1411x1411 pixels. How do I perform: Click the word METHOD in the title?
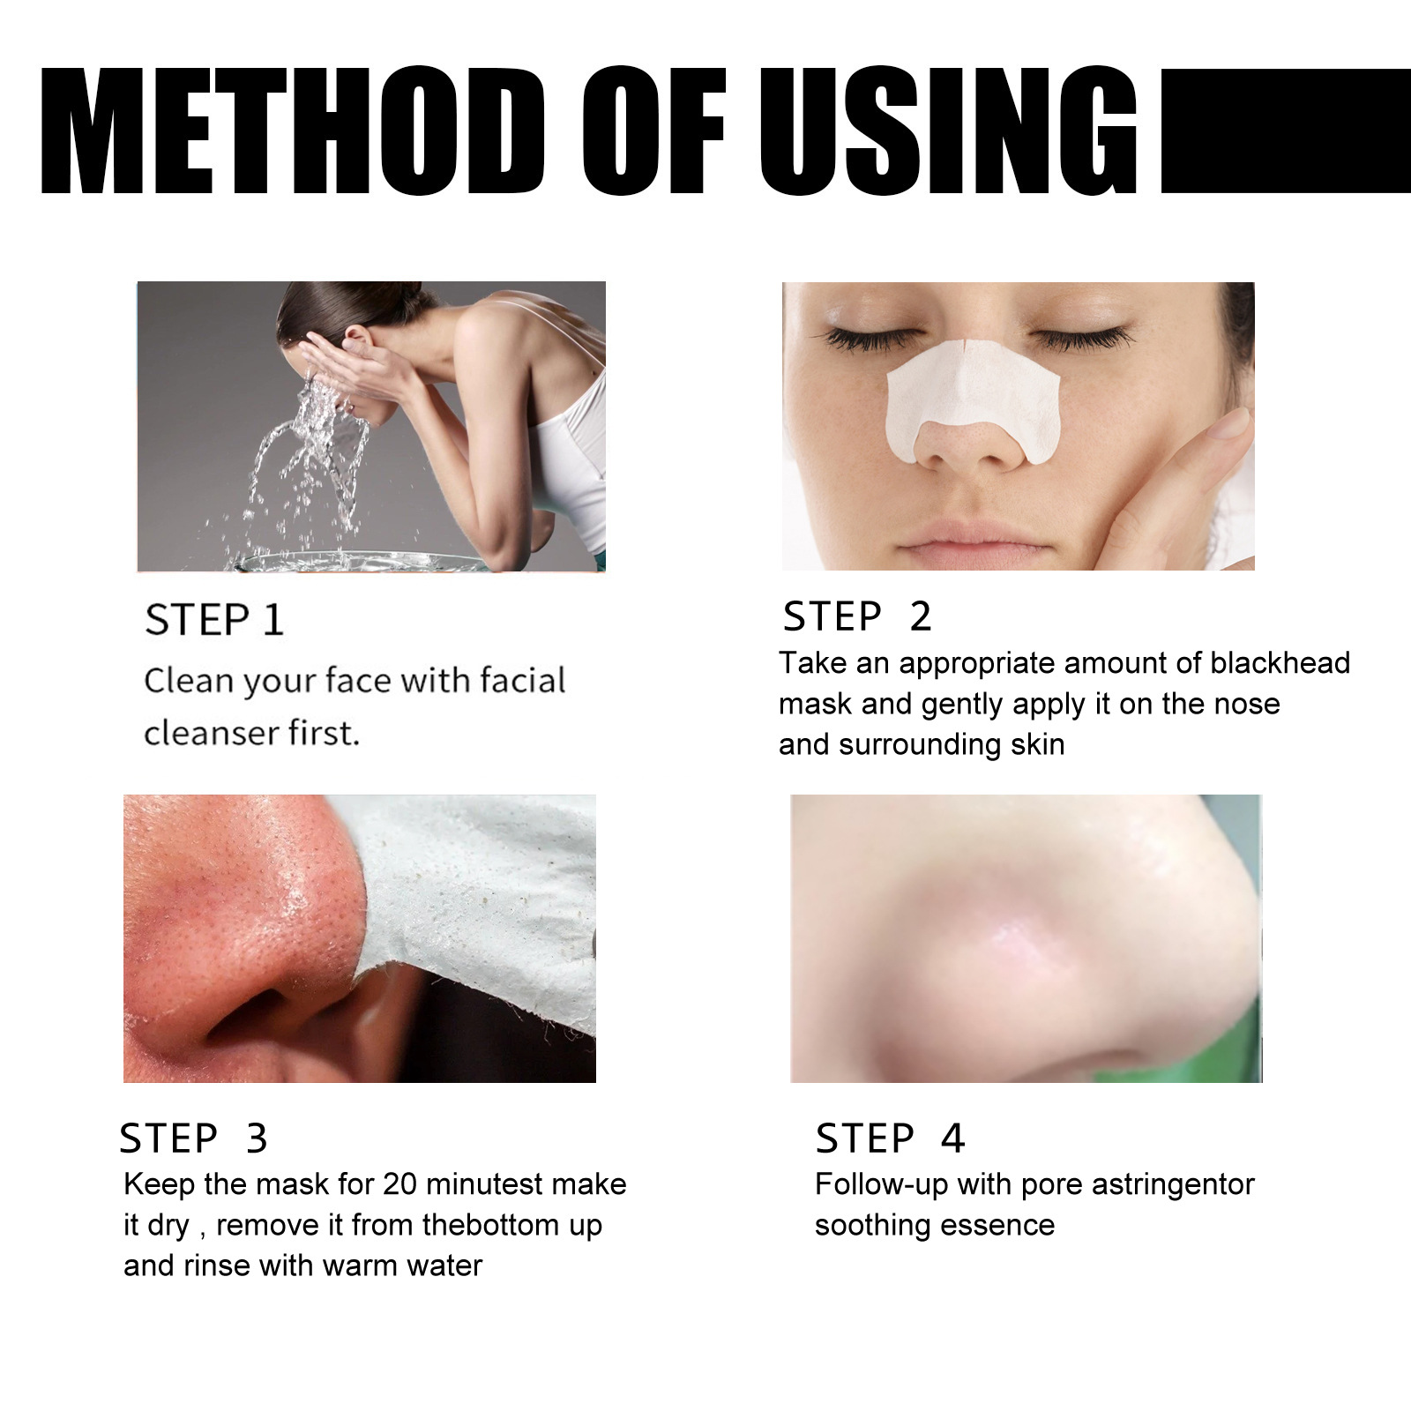pyautogui.click(x=291, y=131)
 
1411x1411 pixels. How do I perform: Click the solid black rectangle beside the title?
pyautogui.click(x=1285, y=131)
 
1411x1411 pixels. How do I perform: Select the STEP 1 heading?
pyautogui.click(x=214, y=620)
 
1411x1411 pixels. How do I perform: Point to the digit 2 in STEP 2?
pyautogui.click(x=920, y=616)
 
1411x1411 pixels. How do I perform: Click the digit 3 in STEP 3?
pyautogui.click(x=257, y=1139)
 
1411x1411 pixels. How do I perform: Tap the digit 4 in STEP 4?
pyautogui.click(x=952, y=1139)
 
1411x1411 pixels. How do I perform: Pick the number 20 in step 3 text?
pyautogui.click(x=399, y=1184)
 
